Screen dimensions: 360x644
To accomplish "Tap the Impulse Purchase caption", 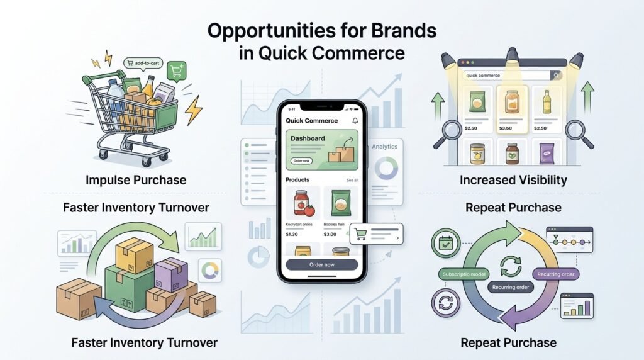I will coord(136,181).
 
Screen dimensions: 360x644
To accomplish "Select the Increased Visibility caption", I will coord(513,181).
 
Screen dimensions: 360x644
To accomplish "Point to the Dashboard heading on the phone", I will coord(308,138).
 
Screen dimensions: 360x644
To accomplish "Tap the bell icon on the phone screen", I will coord(355,120).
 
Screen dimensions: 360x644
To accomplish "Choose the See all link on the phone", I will coord(352,180).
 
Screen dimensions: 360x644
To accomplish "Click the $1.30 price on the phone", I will coord(293,234).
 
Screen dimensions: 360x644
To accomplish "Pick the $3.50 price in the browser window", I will coord(506,128).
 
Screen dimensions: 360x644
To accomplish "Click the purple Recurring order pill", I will coord(557,274).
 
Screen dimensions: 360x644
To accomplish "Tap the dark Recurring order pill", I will coord(510,287).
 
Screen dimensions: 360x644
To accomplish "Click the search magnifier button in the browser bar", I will coord(556,76).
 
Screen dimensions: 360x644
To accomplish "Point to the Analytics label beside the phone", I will coord(384,147).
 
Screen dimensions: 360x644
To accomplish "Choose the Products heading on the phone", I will coord(297,180).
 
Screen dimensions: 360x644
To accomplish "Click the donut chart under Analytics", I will coord(385,169).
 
